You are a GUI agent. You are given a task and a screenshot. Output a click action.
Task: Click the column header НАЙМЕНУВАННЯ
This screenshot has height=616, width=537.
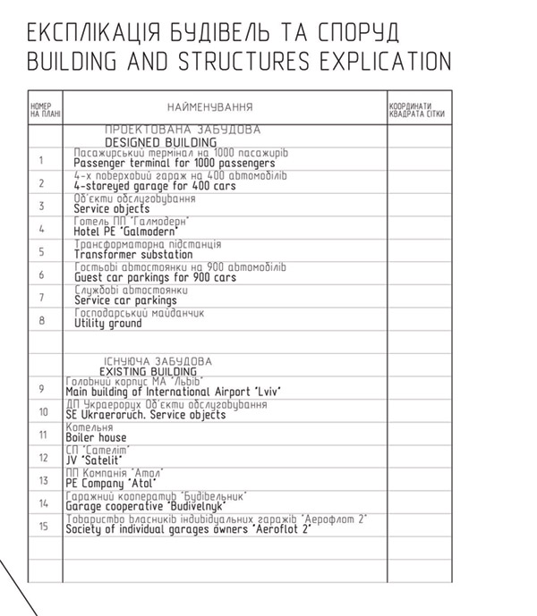tap(209, 106)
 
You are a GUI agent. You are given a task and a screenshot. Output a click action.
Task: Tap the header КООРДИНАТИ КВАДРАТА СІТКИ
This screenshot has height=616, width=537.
tap(416, 111)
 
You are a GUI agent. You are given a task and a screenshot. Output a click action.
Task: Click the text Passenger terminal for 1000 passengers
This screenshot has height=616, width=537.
tap(174, 164)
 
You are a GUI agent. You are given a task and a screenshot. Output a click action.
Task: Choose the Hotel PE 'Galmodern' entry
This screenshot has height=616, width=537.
tap(125, 231)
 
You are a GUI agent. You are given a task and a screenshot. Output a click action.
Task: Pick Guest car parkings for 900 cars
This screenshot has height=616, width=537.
tap(155, 277)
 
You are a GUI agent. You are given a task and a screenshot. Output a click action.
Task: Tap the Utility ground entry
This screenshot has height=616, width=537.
tap(107, 323)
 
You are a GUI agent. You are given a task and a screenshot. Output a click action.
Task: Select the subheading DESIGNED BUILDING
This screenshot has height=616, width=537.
tap(161, 142)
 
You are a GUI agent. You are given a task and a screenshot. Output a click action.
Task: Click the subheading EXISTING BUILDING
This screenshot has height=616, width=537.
tap(148, 371)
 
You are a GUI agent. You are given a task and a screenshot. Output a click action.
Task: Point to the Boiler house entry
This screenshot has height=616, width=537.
tap(97, 438)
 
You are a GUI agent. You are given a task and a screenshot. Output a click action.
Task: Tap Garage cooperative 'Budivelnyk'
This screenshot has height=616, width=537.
tap(156, 506)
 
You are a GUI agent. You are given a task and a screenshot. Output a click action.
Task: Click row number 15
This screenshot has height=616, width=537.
tap(42, 526)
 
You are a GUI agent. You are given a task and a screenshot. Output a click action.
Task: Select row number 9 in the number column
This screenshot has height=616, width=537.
tap(42, 388)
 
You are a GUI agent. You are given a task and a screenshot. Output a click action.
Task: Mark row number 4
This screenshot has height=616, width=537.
tap(42, 229)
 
